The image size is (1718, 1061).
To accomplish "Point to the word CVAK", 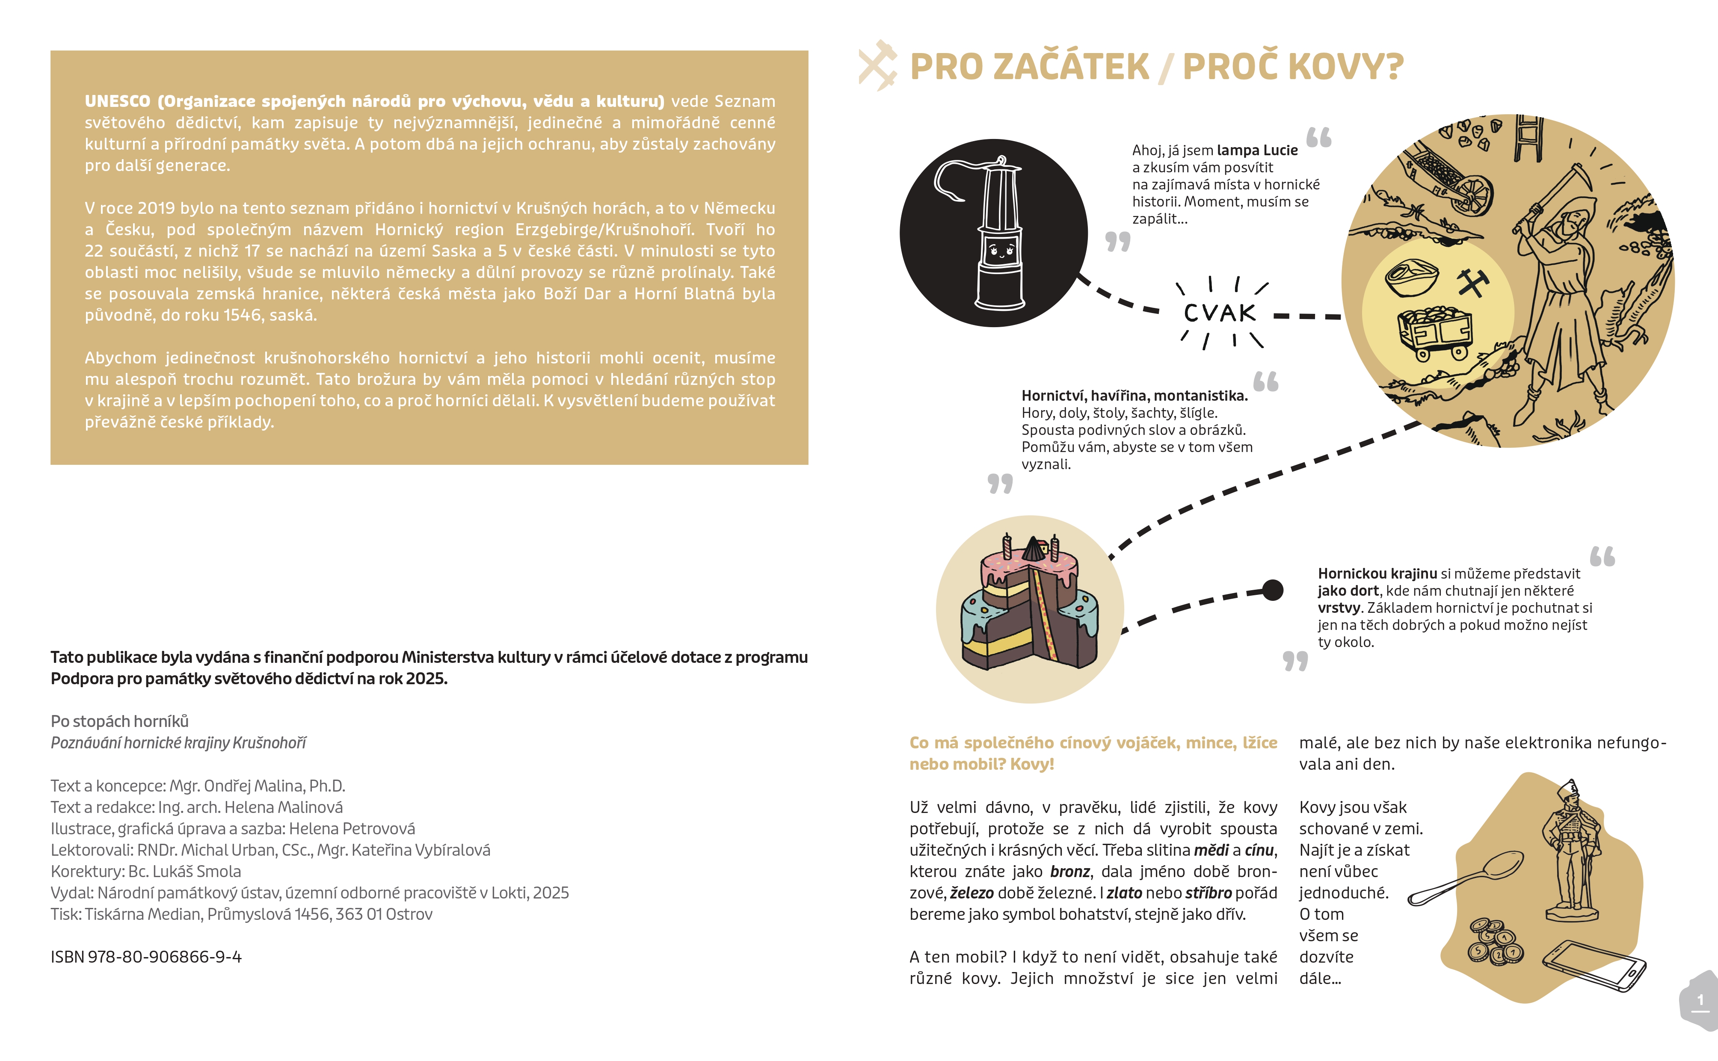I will [x=1220, y=313].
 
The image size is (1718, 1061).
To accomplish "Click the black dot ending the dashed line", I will [x=1272, y=590].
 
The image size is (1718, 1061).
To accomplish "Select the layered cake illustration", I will [x=1030, y=607].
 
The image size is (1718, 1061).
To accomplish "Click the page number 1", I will [x=1700, y=1000].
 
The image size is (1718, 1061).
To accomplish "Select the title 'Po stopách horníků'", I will [x=119, y=721].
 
